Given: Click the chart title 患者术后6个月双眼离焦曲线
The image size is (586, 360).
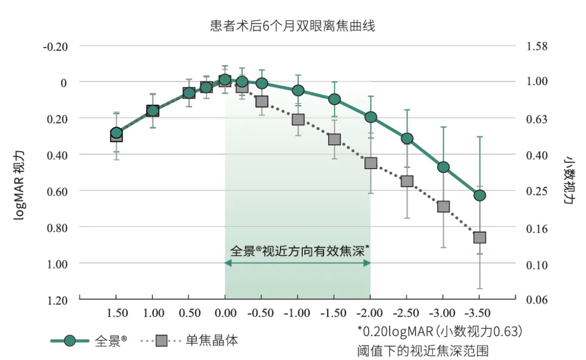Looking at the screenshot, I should pyautogui.click(x=292, y=25).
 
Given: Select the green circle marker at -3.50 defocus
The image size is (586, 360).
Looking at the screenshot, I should pyautogui.click(x=480, y=195).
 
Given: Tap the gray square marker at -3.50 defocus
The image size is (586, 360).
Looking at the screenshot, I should pyautogui.click(x=480, y=237).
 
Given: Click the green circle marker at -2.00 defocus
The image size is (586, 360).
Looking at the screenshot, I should pyautogui.click(x=371, y=117).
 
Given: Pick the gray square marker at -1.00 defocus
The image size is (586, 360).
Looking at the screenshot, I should pyautogui.click(x=298, y=119).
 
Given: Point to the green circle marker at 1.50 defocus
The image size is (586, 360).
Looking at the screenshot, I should pyautogui.click(x=116, y=133).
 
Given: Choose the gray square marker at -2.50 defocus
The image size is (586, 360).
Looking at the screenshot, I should pyautogui.click(x=407, y=181).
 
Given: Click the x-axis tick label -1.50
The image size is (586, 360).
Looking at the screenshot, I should pyautogui.click(x=334, y=313).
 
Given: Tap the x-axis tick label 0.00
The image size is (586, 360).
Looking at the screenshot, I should pyautogui.click(x=225, y=313).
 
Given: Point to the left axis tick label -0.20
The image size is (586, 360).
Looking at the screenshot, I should pyautogui.click(x=55, y=46).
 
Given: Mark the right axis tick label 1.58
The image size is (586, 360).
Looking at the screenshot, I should pyautogui.click(x=537, y=46).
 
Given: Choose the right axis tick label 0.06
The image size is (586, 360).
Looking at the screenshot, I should pyautogui.click(x=537, y=300).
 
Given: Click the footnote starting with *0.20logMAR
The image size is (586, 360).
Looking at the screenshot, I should pyautogui.click(x=439, y=330).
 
